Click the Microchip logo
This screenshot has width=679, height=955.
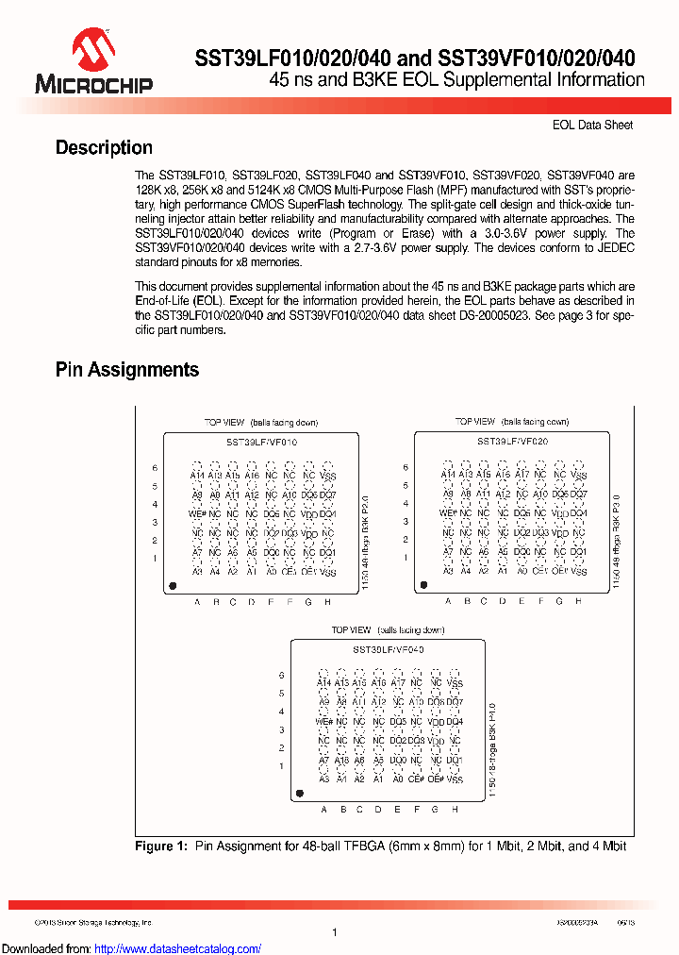click(93, 61)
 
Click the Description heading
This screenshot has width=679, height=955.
click(104, 148)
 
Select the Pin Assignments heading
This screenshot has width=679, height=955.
click(127, 370)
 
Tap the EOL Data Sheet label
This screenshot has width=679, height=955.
click(592, 125)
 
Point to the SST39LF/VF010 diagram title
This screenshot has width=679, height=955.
click(261, 442)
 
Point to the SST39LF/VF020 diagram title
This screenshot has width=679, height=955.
click(512, 442)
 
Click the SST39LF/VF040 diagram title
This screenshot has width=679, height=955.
click(388, 650)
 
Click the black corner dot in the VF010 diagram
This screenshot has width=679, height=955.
click(173, 586)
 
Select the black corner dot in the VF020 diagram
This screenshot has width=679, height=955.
click(423, 586)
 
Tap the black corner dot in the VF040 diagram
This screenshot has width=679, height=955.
click(299, 795)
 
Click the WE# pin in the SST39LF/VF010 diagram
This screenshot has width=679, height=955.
click(198, 513)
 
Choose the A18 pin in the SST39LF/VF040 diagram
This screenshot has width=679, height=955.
click(341, 760)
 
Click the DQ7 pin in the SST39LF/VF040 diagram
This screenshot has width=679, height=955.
click(455, 702)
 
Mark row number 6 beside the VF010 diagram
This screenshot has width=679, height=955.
click(155, 468)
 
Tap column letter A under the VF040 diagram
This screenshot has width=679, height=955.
click(323, 810)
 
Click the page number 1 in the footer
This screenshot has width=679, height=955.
click(335, 931)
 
